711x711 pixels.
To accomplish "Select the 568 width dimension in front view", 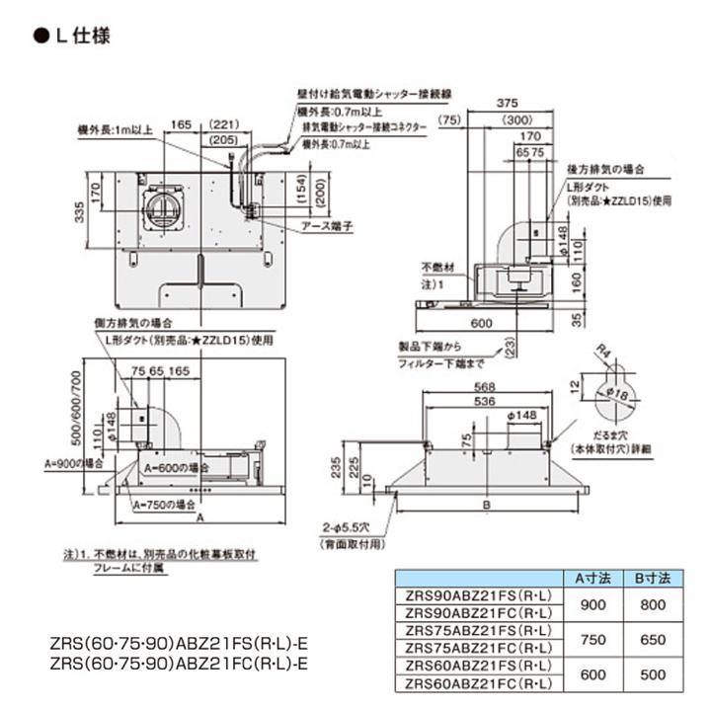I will tap(483, 386).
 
